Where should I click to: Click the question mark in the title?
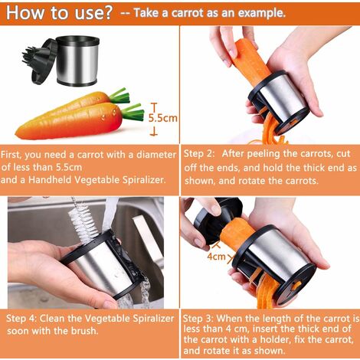coord(106,12)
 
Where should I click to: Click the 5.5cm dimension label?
coord(163,118)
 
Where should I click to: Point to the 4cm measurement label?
coord(216,257)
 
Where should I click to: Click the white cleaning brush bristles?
coord(83,220)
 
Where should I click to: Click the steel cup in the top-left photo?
coord(77,61)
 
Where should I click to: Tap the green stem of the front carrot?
coord(133,112)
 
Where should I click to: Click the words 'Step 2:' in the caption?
coord(199,154)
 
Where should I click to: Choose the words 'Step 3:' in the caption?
coord(198,319)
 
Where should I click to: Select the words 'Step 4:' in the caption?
coord(21,319)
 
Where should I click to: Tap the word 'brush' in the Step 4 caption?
coord(83,331)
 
